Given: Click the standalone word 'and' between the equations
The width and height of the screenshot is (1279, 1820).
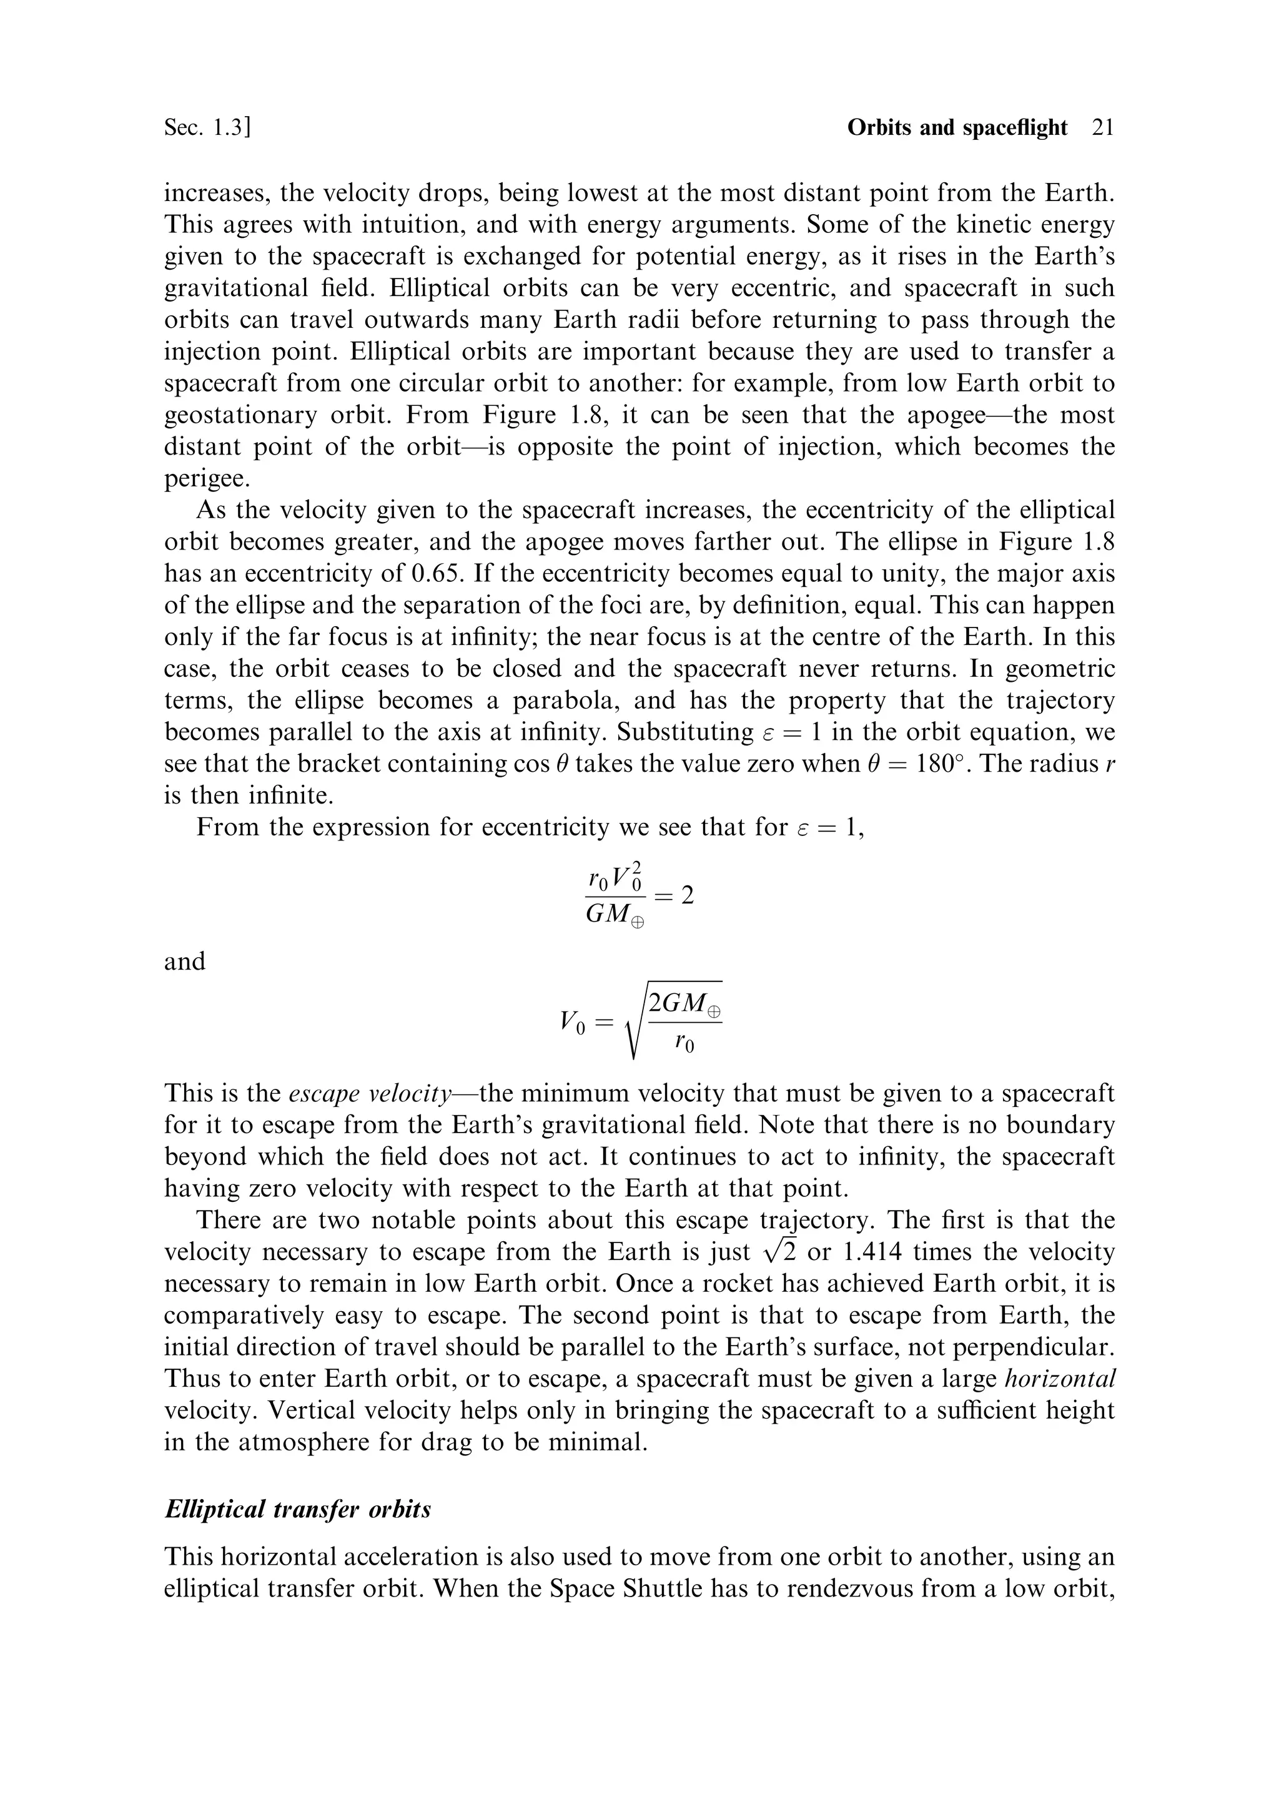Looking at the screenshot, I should (x=185, y=962).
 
